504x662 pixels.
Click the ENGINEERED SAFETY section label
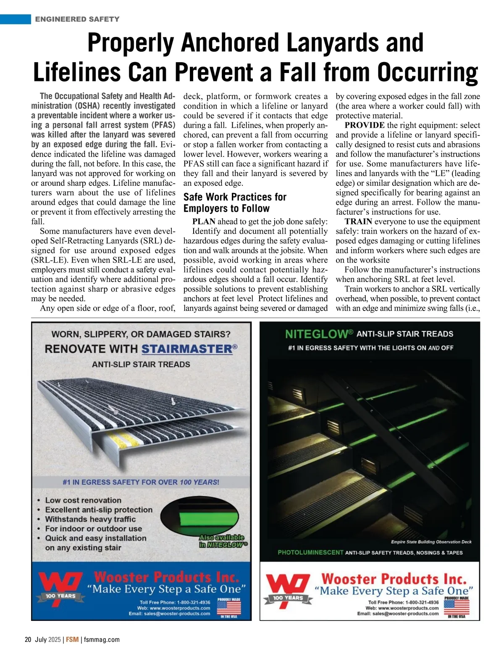point(77,19)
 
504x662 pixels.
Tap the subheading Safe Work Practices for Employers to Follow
point(234,203)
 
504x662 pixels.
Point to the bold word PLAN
point(204,222)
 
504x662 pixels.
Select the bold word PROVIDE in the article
point(365,125)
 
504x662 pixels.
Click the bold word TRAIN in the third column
point(358,222)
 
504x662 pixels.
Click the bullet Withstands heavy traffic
point(90,519)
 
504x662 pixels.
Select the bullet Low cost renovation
point(83,500)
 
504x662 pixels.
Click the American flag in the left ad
point(228,607)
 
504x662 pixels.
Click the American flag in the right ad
point(456,607)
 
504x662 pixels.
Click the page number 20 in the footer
point(28,640)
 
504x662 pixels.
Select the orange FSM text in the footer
point(72,640)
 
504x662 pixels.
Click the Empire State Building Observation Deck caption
point(431,542)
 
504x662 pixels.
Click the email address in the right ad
point(398,613)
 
